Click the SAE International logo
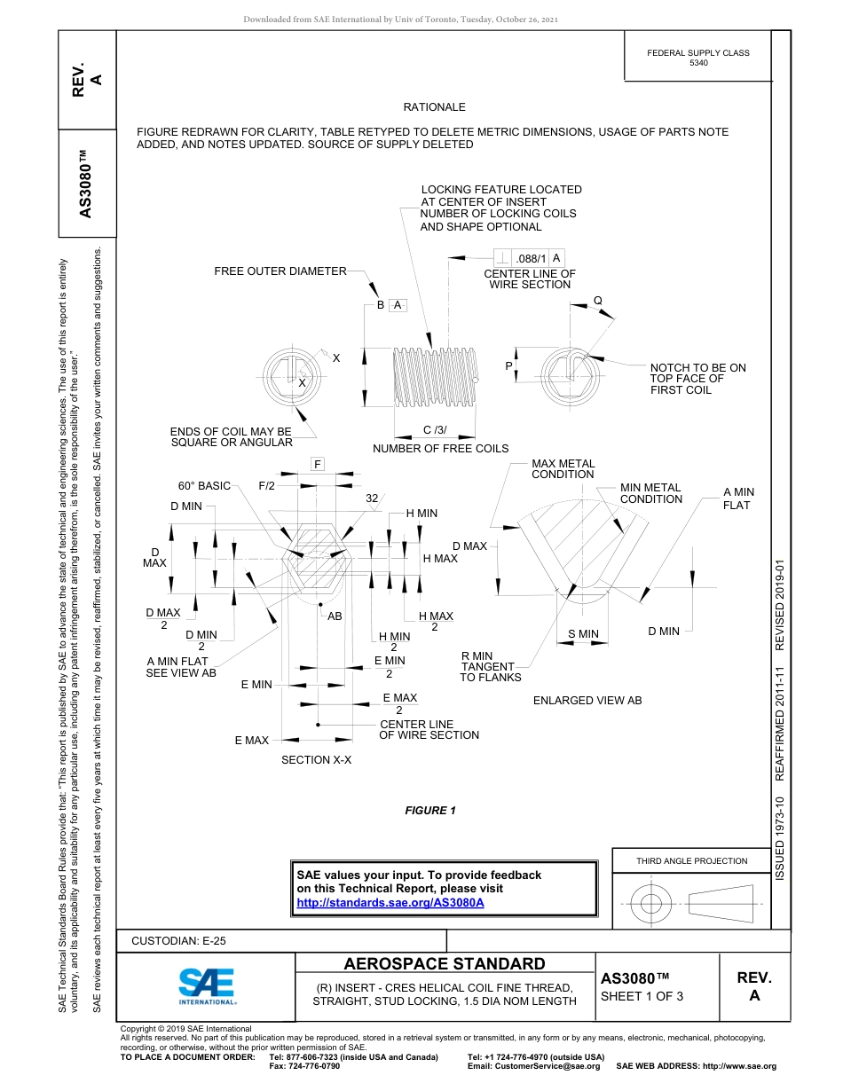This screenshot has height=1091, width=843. [x=207, y=985]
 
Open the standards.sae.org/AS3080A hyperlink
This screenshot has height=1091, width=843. [x=390, y=902]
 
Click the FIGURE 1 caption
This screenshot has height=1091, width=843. [x=430, y=810]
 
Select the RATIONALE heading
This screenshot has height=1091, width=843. [x=434, y=106]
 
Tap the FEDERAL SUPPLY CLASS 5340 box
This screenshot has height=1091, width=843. [x=698, y=58]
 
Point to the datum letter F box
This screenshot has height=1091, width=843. [x=317, y=465]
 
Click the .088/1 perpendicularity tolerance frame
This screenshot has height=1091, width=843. [x=528, y=258]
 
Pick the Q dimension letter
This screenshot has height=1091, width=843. [x=597, y=300]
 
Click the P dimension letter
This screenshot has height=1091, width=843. [x=508, y=365]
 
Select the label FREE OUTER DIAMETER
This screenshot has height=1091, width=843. [x=280, y=271]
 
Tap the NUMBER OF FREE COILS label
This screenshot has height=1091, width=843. [x=440, y=448]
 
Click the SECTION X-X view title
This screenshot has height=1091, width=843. [x=316, y=760]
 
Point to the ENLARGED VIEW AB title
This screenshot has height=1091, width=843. [x=587, y=701]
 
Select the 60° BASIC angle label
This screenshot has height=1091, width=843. [x=204, y=486]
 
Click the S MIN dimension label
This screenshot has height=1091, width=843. [x=583, y=633]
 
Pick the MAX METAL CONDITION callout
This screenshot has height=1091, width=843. [x=563, y=468]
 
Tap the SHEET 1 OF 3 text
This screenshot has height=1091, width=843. [x=642, y=995]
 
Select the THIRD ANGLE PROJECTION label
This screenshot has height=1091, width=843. [x=691, y=860]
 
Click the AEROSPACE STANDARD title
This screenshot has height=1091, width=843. [x=445, y=964]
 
